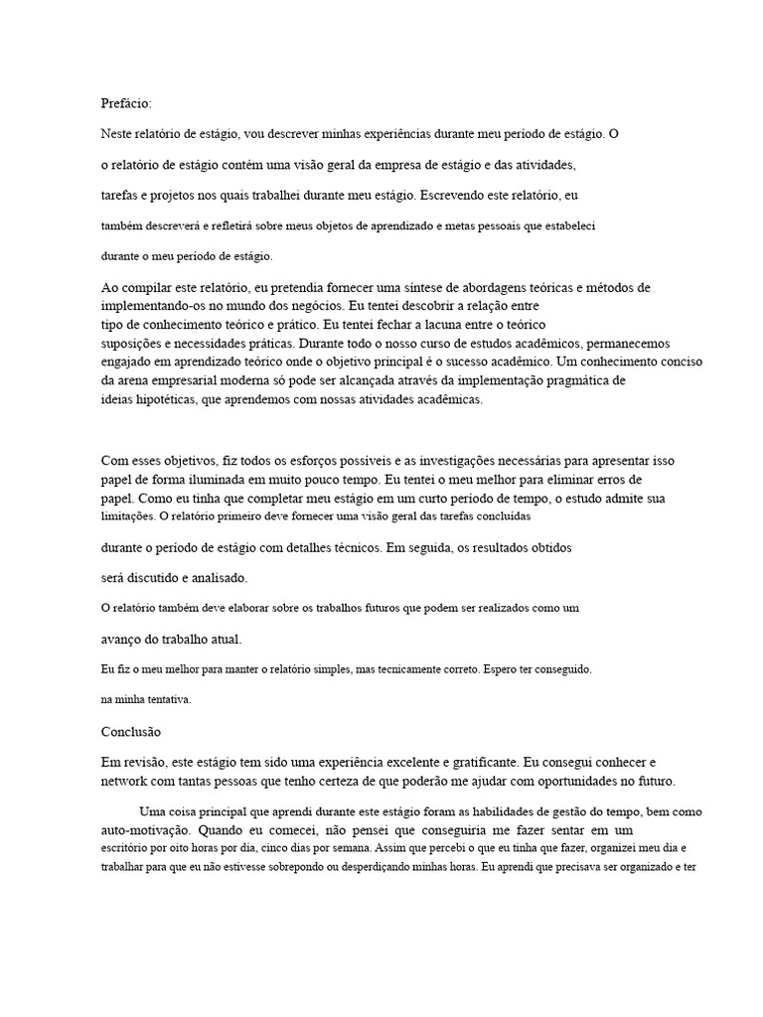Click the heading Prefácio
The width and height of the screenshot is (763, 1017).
127,102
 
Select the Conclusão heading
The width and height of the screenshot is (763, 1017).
130,731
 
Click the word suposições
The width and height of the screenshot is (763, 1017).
130,343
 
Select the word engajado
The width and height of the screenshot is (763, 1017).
127,362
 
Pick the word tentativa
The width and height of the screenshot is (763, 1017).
161,699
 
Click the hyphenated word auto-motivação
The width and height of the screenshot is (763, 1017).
145,827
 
